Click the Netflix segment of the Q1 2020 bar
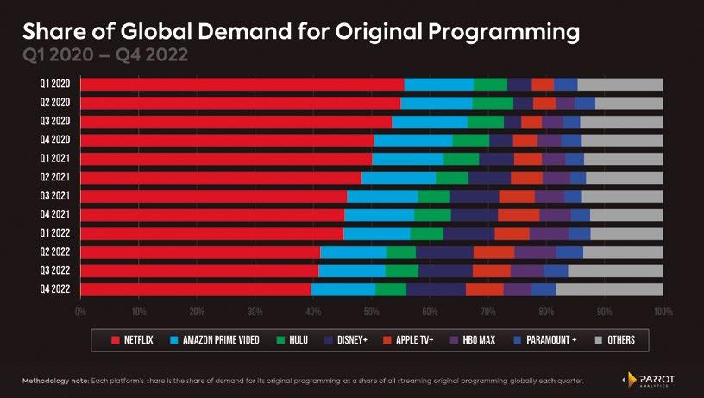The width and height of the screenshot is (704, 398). pyautogui.click(x=242, y=84)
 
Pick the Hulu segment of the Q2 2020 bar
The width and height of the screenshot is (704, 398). pyautogui.click(x=493, y=103)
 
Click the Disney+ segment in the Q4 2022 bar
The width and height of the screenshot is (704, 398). pyautogui.click(x=436, y=289)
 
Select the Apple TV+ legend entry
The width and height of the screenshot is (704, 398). pyautogui.click(x=409, y=339)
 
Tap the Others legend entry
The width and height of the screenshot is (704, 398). pyautogui.click(x=614, y=339)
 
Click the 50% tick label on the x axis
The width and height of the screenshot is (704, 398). pyautogui.click(x=371, y=310)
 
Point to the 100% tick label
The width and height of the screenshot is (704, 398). pyautogui.click(x=663, y=310)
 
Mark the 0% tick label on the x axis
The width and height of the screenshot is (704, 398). pyautogui.click(x=80, y=310)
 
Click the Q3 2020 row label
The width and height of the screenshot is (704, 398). pyautogui.click(x=53, y=121)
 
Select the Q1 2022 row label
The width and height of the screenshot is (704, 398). pyautogui.click(x=53, y=233)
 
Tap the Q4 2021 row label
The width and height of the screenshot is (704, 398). pyautogui.click(x=53, y=214)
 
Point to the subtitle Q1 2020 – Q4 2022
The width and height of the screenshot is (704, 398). pyautogui.click(x=104, y=55)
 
